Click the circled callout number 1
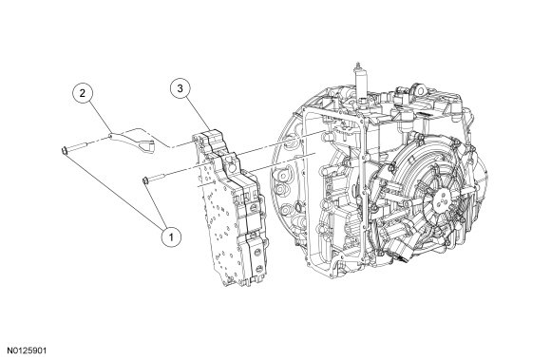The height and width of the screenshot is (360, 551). click(171, 237)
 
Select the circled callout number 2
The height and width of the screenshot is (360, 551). click(83, 93)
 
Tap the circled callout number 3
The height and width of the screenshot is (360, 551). click(180, 88)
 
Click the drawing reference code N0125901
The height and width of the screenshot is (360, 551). click(28, 351)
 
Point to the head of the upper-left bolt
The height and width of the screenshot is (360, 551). click(65, 151)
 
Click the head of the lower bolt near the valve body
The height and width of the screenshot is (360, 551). click(144, 180)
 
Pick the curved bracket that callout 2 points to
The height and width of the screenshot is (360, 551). click(132, 139)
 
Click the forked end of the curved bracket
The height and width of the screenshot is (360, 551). click(147, 147)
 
